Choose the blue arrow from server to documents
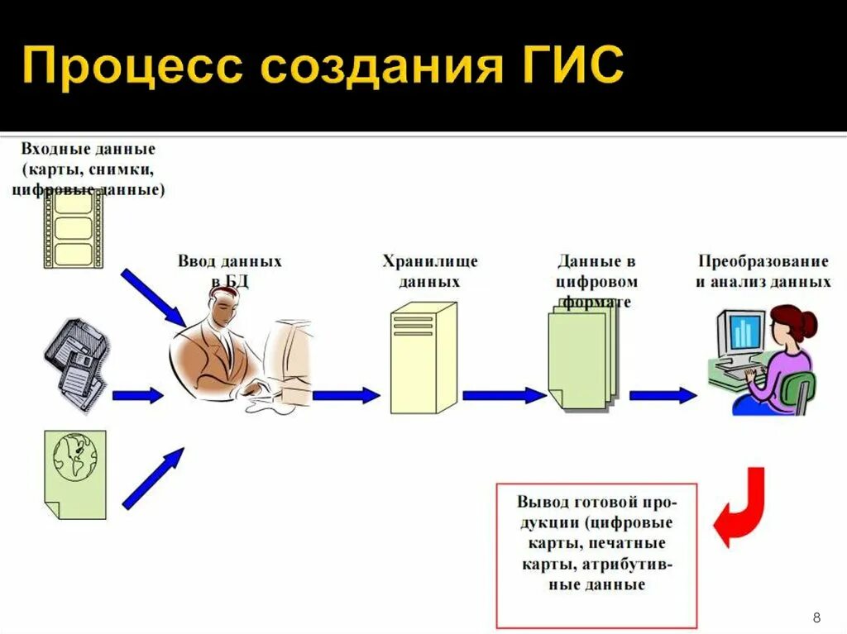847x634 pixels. [x=504, y=395]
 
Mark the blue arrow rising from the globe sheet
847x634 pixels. [x=153, y=479]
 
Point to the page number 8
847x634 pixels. [x=817, y=617]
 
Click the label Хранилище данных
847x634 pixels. [x=429, y=271]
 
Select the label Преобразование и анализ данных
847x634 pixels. [x=763, y=271]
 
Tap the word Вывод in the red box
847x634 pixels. [x=542, y=502]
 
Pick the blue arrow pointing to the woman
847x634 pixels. [x=663, y=395]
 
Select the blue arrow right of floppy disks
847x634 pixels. [x=137, y=395]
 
